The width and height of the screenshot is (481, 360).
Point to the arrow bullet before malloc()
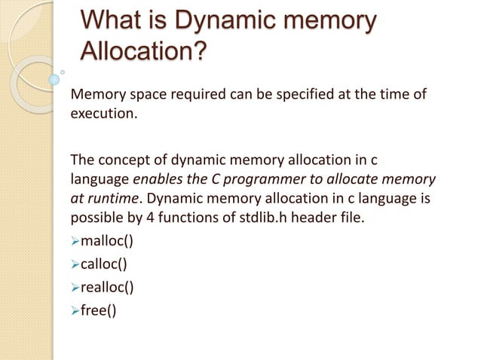(74, 242)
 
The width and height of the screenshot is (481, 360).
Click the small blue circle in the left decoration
(54, 78)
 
